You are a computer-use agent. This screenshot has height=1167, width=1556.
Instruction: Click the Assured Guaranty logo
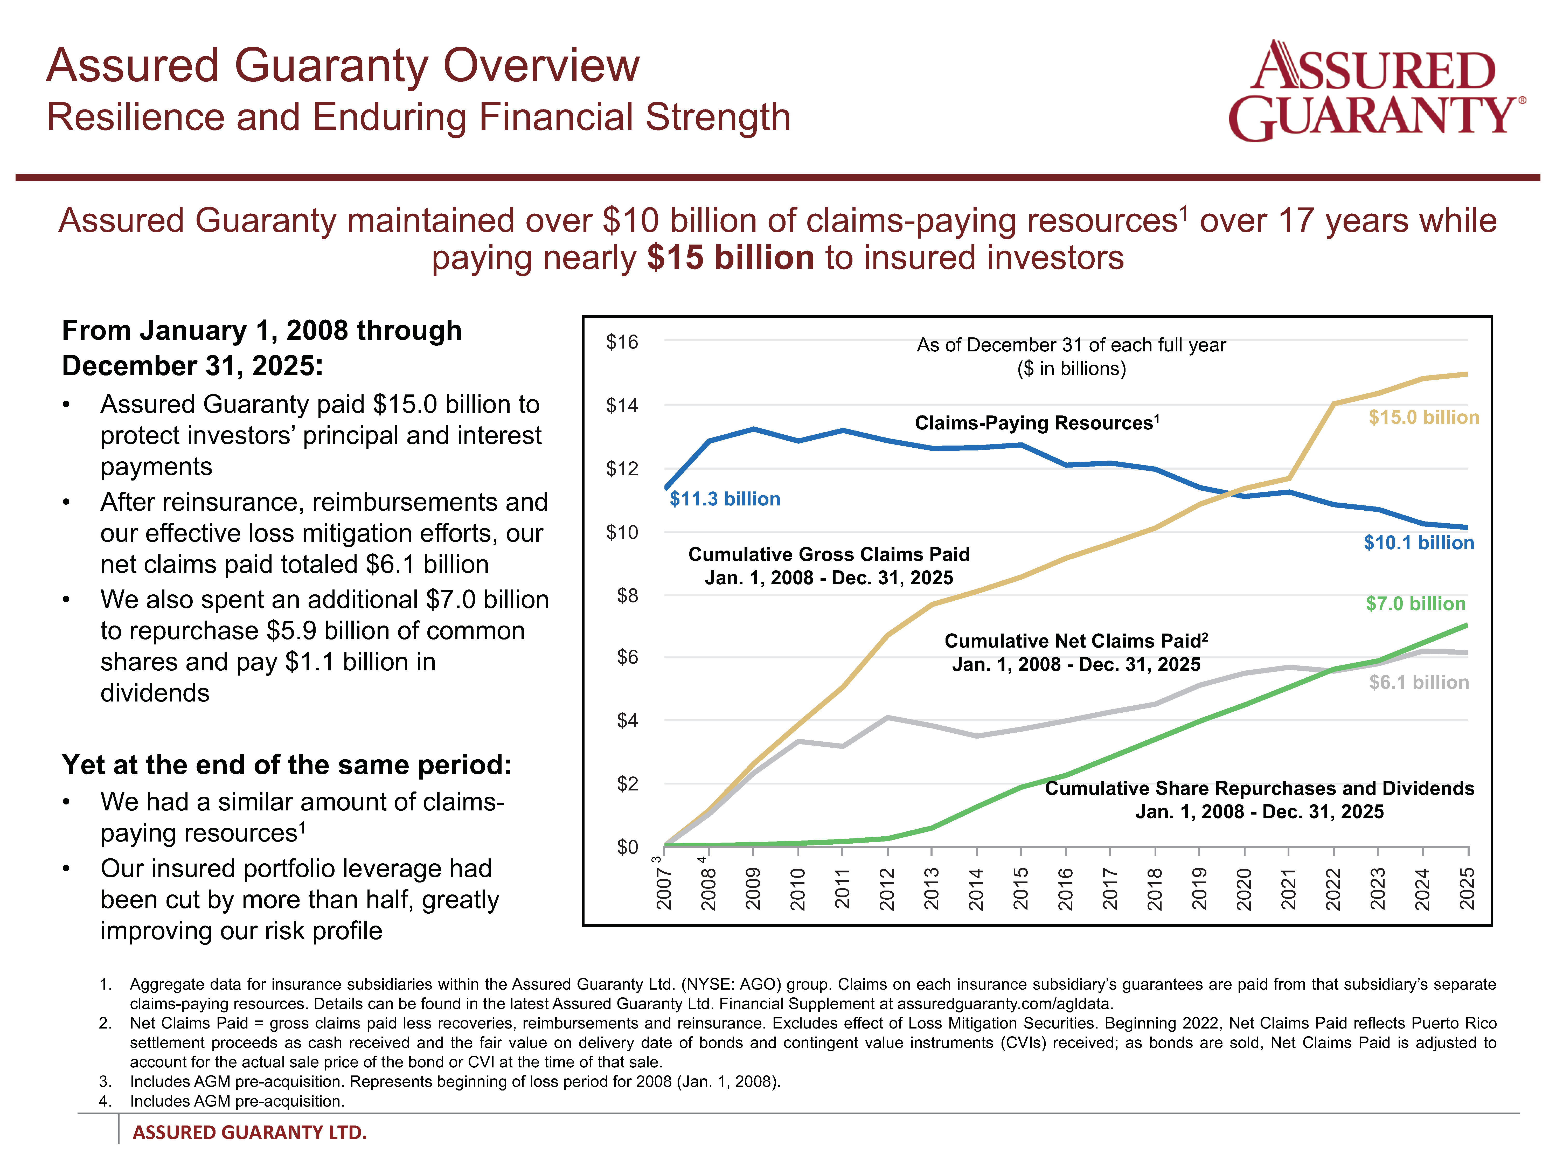tap(1375, 92)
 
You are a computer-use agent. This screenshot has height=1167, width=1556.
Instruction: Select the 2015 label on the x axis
tap(1021, 888)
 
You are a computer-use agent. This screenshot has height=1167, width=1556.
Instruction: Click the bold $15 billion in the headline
tap(730, 258)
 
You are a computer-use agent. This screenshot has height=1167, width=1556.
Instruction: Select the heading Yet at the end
tap(286, 765)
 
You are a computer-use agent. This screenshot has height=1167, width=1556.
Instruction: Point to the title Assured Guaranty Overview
tap(343, 65)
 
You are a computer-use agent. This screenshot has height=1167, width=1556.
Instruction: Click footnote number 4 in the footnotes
tap(106, 1101)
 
